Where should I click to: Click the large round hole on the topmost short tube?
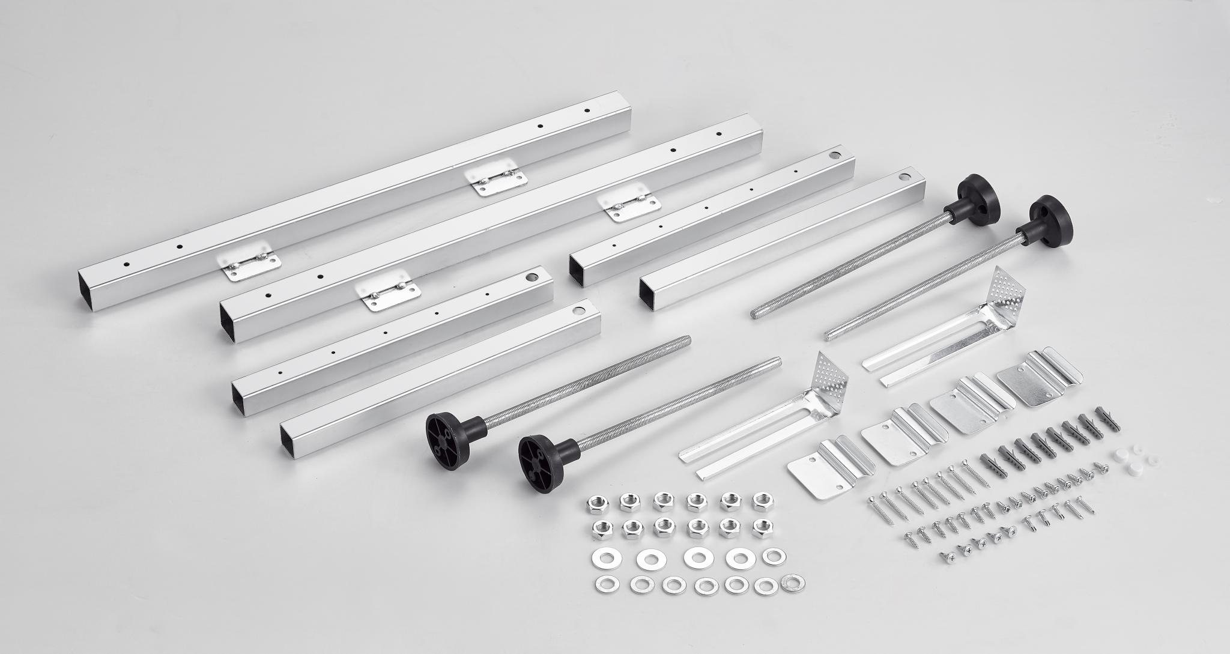point(834,156)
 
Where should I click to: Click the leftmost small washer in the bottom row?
point(601,583)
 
